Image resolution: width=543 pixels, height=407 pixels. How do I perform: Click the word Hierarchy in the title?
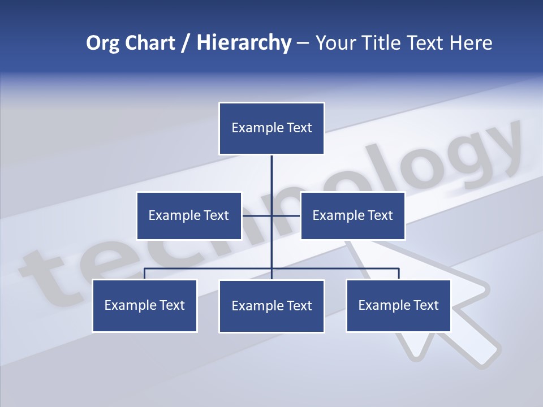coord(244,43)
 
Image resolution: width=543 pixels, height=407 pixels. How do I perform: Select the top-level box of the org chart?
coord(271,128)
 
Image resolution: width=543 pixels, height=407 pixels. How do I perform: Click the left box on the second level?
coord(189,215)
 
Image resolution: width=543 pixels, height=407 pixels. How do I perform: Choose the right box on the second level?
coord(352,215)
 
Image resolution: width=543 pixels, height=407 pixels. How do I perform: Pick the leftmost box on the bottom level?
coord(145,306)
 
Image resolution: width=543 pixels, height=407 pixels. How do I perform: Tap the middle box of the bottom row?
coord(271,306)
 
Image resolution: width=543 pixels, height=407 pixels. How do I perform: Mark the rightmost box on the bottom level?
coord(398,306)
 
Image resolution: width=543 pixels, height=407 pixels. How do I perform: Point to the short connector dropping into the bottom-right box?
coord(399,274)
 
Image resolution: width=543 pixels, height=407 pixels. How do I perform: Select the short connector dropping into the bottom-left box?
coord(145,274)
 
